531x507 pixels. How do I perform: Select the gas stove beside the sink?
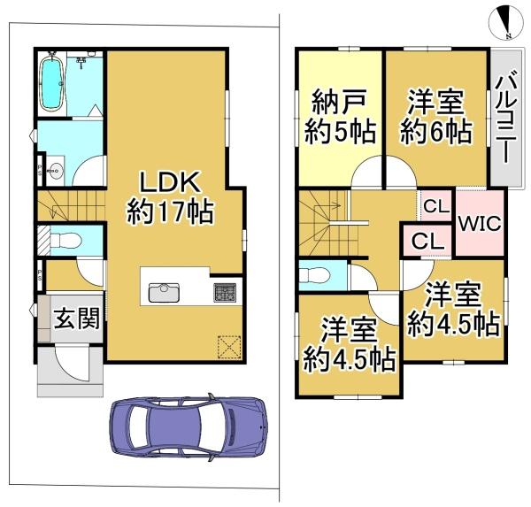pyautogui.click(x=222, y=291)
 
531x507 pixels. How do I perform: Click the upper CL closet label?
pyautogui.click(x=435, y=207)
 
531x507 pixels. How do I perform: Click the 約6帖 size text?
pyautogui.click(x=435, y=133)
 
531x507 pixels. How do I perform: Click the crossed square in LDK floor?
pyautogui.click(x=228, y=346)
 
